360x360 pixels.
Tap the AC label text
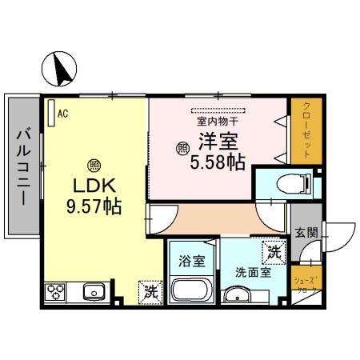[x=62, y=114]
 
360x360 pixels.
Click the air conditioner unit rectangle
[x=50, y=111]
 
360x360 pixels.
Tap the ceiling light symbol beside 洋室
[x=182, y=148]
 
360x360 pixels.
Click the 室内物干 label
[x=218, y=122]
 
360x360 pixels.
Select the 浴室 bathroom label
[x=191, y=261]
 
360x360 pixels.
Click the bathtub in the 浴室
[x=191, y=290]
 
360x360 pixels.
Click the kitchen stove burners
[x=56, y=291]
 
